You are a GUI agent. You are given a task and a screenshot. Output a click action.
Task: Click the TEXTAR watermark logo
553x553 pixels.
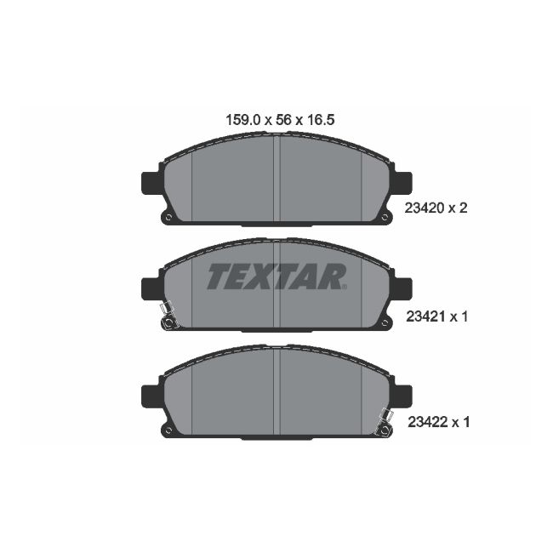click(x=276, y=276)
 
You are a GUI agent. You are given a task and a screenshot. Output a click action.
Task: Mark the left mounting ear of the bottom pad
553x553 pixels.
click(x=149, y=396)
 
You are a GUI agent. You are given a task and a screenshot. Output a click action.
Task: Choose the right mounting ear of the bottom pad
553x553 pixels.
click(x=402, y=396)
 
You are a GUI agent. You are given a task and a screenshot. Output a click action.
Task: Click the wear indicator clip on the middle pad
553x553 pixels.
click(x=167, y=316)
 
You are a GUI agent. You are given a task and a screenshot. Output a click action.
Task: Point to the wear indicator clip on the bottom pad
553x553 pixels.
click(x=385, y=423)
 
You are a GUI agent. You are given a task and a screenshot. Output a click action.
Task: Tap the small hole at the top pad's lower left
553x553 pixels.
click(x=168, y=218)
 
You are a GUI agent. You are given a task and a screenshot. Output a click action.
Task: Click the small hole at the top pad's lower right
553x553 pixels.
click(x=384, y=218)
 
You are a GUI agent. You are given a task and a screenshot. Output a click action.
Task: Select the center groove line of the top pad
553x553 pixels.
click(x=276, y=179)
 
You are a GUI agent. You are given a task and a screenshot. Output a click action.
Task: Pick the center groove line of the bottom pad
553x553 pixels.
click(x=276, y=391)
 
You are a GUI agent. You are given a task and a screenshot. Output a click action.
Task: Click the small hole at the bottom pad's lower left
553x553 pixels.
click(x=168, y=430)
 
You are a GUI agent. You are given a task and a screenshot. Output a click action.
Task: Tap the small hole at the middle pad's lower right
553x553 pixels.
click(x=384, y=324)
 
